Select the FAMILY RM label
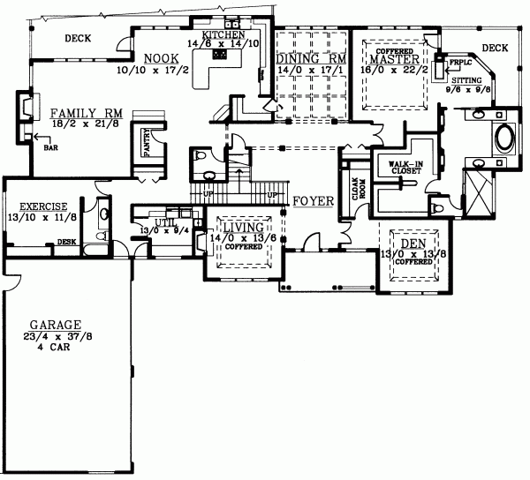click(85, 113)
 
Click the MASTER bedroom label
click(390, 58)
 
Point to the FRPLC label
click(459, 63)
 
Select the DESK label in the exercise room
click(65, 242)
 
